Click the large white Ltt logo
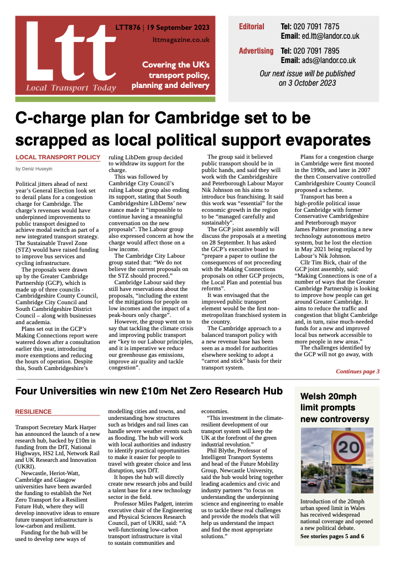(66, 53)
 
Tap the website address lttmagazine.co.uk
(181, 39)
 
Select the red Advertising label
(256, 51)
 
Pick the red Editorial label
(252, 27)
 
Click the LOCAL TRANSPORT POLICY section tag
(58, 158)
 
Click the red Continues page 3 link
(357, 371)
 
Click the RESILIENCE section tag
(33, 412)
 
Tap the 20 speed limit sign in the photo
(348, 446)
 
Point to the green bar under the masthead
(115, 99)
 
